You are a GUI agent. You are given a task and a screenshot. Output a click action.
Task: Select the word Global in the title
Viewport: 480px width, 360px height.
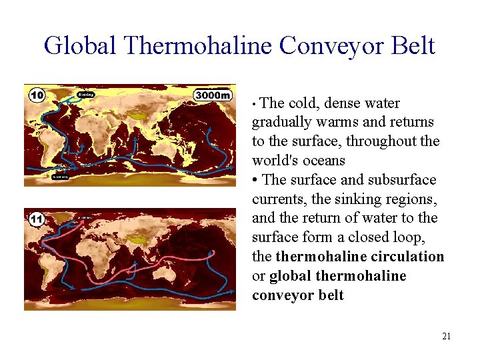point(80,46)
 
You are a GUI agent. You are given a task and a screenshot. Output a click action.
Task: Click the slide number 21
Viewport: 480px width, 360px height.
point(446,336)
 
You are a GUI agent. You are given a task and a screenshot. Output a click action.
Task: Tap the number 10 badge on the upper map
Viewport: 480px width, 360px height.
point(37,95)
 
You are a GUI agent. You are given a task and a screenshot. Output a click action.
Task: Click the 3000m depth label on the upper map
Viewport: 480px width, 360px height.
point(213,95)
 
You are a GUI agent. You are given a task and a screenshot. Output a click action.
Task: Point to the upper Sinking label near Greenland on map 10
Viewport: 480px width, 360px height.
point(86,94)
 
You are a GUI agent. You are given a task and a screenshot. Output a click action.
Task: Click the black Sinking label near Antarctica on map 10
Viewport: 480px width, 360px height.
point(60,177)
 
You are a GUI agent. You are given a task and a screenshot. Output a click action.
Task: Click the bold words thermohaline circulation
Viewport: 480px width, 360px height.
point(359,257)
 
